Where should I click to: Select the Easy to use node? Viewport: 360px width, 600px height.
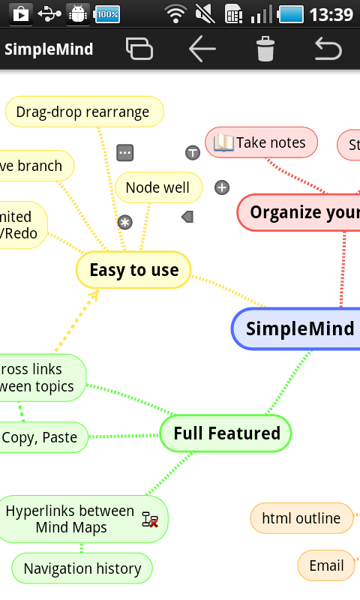click(x=133, y=270)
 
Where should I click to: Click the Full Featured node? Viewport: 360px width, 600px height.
click(x=226, y=433)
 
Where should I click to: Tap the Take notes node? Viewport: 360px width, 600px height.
click(x=262, y=142)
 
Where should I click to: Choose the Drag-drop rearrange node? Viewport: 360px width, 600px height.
click(x=83, y=112)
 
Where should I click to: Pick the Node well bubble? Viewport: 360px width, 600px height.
click(x=157, y=187)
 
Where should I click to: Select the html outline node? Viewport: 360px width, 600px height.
click(x=301, y=517)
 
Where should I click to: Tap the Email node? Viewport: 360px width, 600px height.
click(x=326, y=565)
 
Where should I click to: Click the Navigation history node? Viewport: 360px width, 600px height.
click(x=82, y=568)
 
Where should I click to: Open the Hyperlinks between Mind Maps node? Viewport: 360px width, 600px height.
click(x=71, y=519)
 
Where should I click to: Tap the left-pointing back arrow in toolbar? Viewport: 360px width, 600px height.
click(x=202, y=49)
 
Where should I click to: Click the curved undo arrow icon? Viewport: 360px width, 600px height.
click(x=328, y=49)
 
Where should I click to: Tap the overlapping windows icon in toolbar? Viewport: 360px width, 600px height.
click(x=139, y=49)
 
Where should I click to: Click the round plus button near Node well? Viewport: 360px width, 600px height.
click(x=222, y=187)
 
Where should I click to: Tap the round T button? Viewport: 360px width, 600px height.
click(x=193, y=153)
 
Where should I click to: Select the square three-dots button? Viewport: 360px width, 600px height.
click(x=125, y=153)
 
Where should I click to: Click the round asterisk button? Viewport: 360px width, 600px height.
click(x=124, y=222)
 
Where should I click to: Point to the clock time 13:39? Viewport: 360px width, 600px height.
click(x=331, y=14)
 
